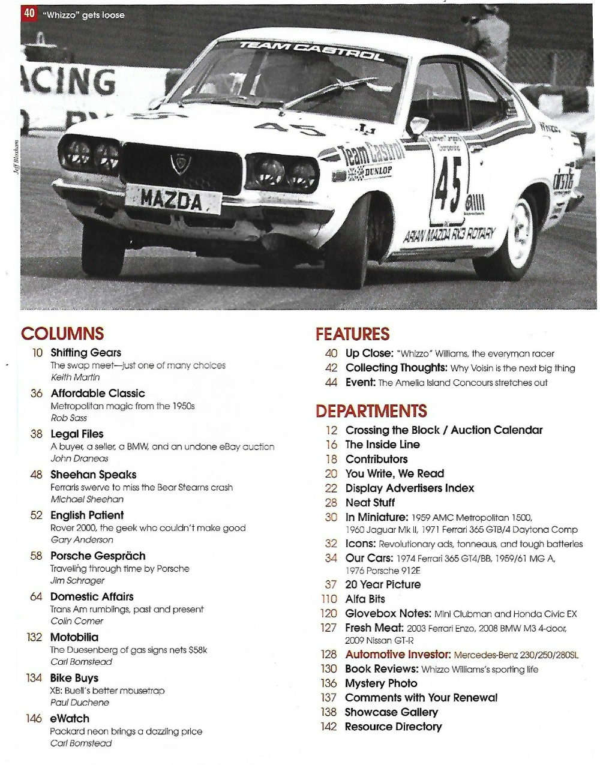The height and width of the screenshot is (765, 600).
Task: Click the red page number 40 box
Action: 29,14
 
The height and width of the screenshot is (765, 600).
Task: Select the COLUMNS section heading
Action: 62,334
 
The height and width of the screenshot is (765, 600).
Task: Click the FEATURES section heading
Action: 352,334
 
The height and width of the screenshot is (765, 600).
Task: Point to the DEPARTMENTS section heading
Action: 371,411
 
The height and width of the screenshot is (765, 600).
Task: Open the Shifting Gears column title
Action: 86,353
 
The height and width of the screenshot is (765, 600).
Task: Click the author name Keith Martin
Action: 75,377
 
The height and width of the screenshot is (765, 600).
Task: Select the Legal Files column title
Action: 77,434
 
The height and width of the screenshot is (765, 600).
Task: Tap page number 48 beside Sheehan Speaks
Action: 36,475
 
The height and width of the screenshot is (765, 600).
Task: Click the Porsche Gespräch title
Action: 98,556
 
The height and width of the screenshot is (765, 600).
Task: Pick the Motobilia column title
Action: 74,637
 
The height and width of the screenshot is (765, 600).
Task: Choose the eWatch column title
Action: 70,718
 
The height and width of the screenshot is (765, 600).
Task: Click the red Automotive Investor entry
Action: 398,654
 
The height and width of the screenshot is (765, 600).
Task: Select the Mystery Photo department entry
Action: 381,683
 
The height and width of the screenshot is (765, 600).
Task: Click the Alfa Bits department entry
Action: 365,599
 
